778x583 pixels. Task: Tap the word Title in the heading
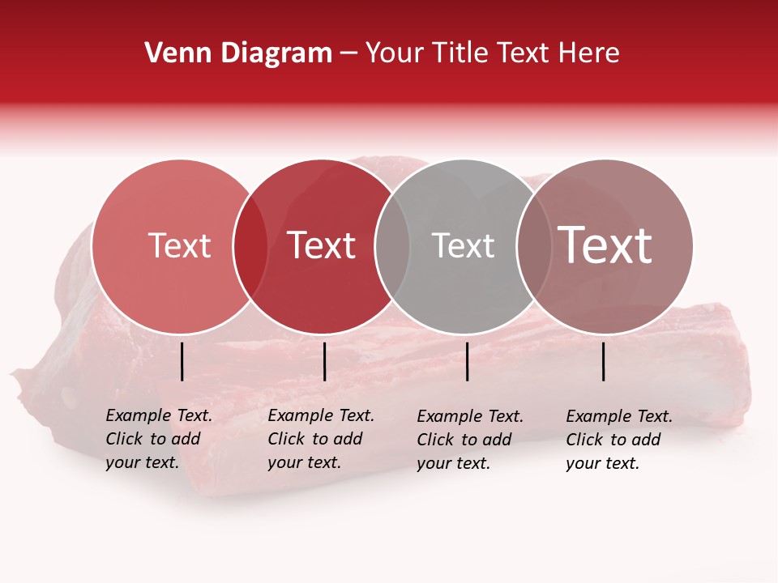460,53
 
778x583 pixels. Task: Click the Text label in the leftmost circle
179,245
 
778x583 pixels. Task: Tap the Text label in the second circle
321,245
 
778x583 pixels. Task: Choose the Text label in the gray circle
463,245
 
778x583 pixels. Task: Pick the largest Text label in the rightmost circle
605,245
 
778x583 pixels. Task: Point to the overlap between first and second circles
250,246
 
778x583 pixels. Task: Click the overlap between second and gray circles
391,246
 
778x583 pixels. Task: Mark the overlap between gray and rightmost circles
533,246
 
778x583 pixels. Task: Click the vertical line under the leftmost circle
182,361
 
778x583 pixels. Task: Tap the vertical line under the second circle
324,361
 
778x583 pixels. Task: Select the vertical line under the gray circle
467,361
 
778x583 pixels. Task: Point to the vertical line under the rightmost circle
604,361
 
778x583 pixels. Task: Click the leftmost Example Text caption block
158,439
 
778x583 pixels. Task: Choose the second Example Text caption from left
320,439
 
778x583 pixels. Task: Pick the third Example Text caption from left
469,440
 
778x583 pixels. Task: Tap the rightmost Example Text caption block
618,440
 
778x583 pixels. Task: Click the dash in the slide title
348,54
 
